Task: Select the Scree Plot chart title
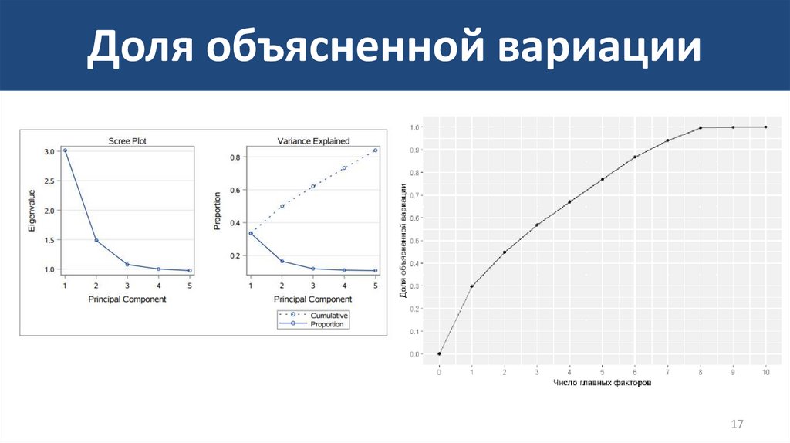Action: click(x=127, y=140)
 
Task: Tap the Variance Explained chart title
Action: click(x=312, y=140)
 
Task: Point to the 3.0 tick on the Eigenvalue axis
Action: click(x=49, y=151)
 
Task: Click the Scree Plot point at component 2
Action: click(x=96, y=241)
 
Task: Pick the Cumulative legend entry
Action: click(x=329, y=315)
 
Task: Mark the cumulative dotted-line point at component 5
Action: click(x=375, y=150)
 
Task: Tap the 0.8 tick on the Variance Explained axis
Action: click(x=235, y=157)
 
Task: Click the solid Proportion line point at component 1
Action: click(x=251, y=233)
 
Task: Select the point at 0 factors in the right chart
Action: click(x=439, y=354)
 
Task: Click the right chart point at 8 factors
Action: click(x=701, y=128)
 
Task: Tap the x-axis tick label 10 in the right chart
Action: click(x=765, y=372)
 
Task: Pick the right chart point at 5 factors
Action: click(x=603, y=179)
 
